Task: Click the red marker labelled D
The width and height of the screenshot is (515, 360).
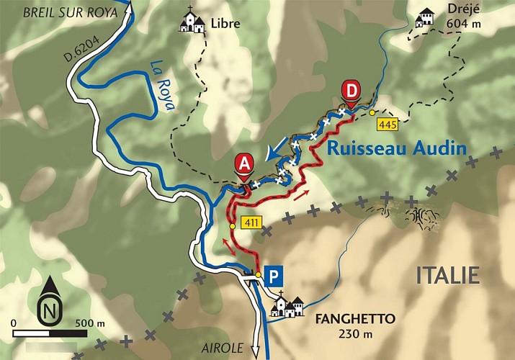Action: pos(349,92)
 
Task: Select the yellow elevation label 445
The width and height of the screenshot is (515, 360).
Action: pos(388,125)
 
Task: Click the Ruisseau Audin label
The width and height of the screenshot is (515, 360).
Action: pos(397,149)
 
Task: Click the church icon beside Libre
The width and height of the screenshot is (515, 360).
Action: pos(192,22)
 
